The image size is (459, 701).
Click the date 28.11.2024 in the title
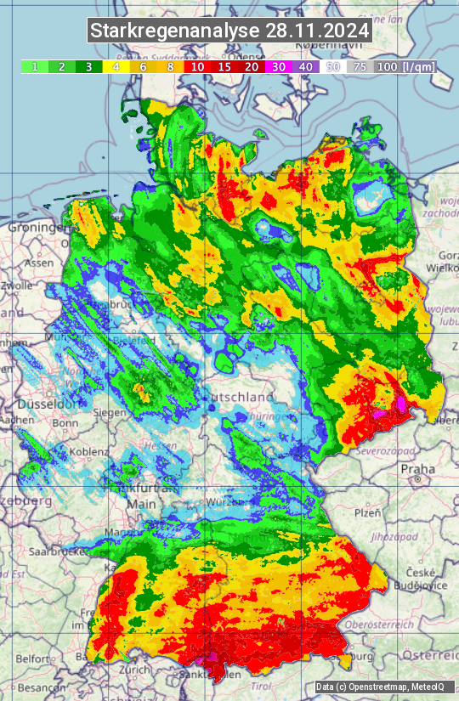pos(317,31)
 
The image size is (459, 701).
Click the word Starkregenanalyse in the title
pos(175,31)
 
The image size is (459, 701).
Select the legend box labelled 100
pos(387,66)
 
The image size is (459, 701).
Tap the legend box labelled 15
pos(224,66)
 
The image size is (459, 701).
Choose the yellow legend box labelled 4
pos(116,66)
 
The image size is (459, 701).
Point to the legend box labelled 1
pos(34,66)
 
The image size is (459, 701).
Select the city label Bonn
pos(65,423)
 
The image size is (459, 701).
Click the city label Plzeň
pos(367,512)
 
